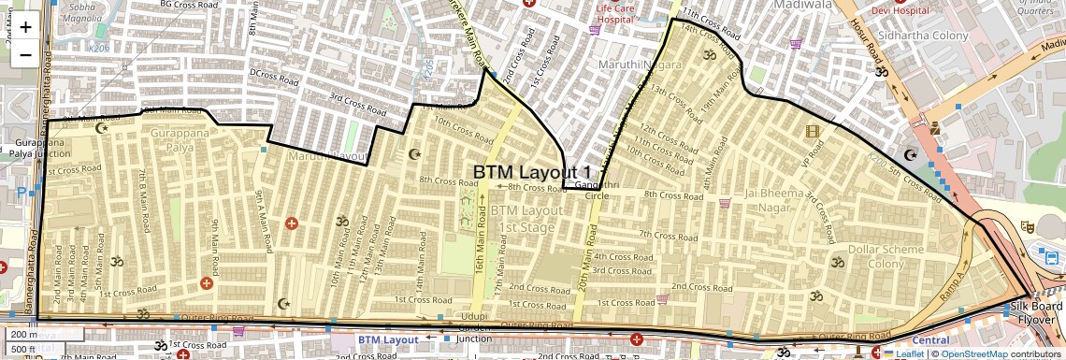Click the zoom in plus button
pos(25,27)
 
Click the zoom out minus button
pos(25,54)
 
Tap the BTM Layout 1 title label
pos(532,172)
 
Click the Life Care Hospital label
pos(627,12)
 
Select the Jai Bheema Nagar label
pos(771,199)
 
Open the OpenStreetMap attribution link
pos(974,353)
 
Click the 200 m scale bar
pos(21,334)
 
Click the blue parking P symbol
pos(22,194)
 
